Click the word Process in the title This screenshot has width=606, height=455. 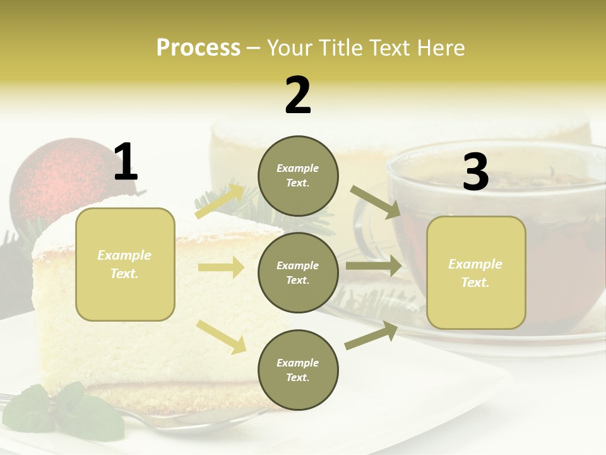198,48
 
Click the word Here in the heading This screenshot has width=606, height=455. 438,48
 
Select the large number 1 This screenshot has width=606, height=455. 125,162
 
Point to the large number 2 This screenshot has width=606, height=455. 298,95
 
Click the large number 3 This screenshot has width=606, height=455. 475,172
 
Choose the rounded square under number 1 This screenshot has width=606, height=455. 125,264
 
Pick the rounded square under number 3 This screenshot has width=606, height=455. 476,273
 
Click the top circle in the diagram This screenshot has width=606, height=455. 298,176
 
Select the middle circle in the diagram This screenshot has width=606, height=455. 298,273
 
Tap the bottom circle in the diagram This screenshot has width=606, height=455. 298,370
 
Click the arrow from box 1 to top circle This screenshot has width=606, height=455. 220,202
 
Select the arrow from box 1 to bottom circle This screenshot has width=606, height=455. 221,336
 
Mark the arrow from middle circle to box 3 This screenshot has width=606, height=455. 373,266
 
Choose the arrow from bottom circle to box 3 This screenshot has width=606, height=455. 371,336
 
